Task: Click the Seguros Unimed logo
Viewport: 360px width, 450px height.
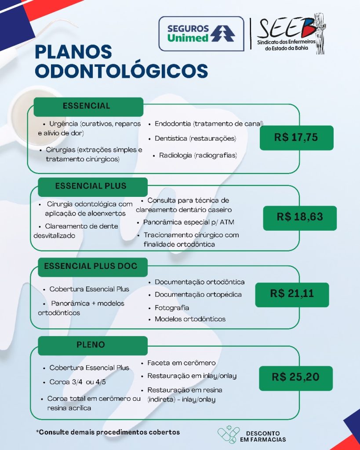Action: pos(201,33)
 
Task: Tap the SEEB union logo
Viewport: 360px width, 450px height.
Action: pos(290,35)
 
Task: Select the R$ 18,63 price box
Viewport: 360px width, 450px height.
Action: pos(299,217)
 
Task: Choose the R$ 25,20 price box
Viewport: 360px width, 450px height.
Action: pos(295,377)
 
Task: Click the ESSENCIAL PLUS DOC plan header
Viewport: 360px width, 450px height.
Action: pos(91,266)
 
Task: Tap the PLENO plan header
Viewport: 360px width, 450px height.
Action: pos(91,345)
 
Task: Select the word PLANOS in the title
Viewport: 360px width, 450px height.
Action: pos(73,51)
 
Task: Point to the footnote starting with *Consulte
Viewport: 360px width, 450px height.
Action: pos(108,432)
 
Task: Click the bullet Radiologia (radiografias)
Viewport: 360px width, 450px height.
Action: pos(198,156)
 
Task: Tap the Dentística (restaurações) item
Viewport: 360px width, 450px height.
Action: pos(195,138)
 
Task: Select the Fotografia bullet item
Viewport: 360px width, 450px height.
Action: pos(172,308)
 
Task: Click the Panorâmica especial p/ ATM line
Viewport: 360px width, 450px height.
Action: pos(189,222)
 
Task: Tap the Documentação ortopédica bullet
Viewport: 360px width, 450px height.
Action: pos(198,294)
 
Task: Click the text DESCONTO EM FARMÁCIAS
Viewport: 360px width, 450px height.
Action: pos(263,436)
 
